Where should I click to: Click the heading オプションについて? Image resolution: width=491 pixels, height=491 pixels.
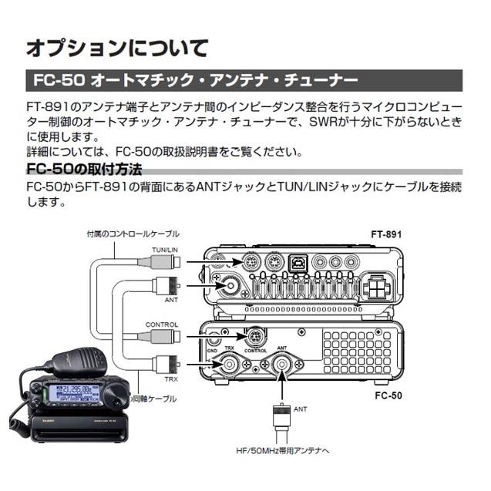click(117, 48)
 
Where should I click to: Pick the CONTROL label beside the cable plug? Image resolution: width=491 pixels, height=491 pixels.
click(162, 325)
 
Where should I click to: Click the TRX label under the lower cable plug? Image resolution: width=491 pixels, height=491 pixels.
click(171, 379)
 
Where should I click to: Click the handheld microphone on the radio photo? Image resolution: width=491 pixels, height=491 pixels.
click(78, 362)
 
